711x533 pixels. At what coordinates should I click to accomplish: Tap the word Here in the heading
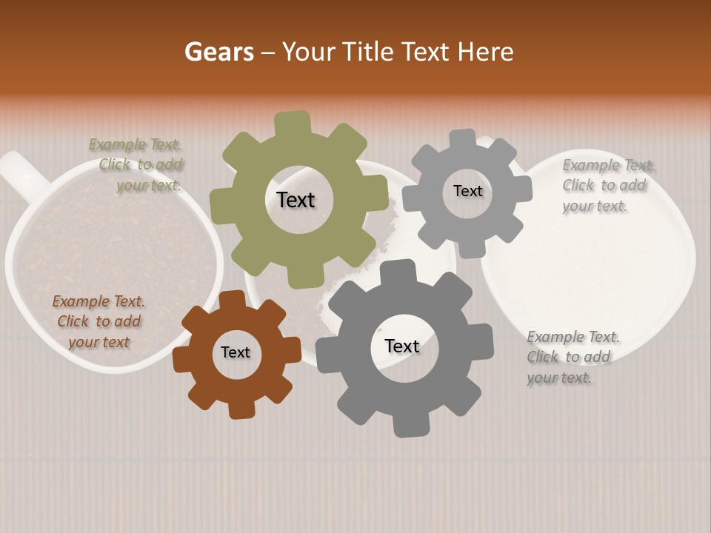[485, 52]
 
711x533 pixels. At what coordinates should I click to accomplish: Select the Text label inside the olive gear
[296, 200]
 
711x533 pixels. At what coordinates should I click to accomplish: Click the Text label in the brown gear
[235, 352]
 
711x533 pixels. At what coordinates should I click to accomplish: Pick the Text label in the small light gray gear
[467, 191]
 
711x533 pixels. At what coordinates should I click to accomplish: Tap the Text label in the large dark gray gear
[401, 346]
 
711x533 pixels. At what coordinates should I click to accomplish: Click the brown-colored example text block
[99, 321]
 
